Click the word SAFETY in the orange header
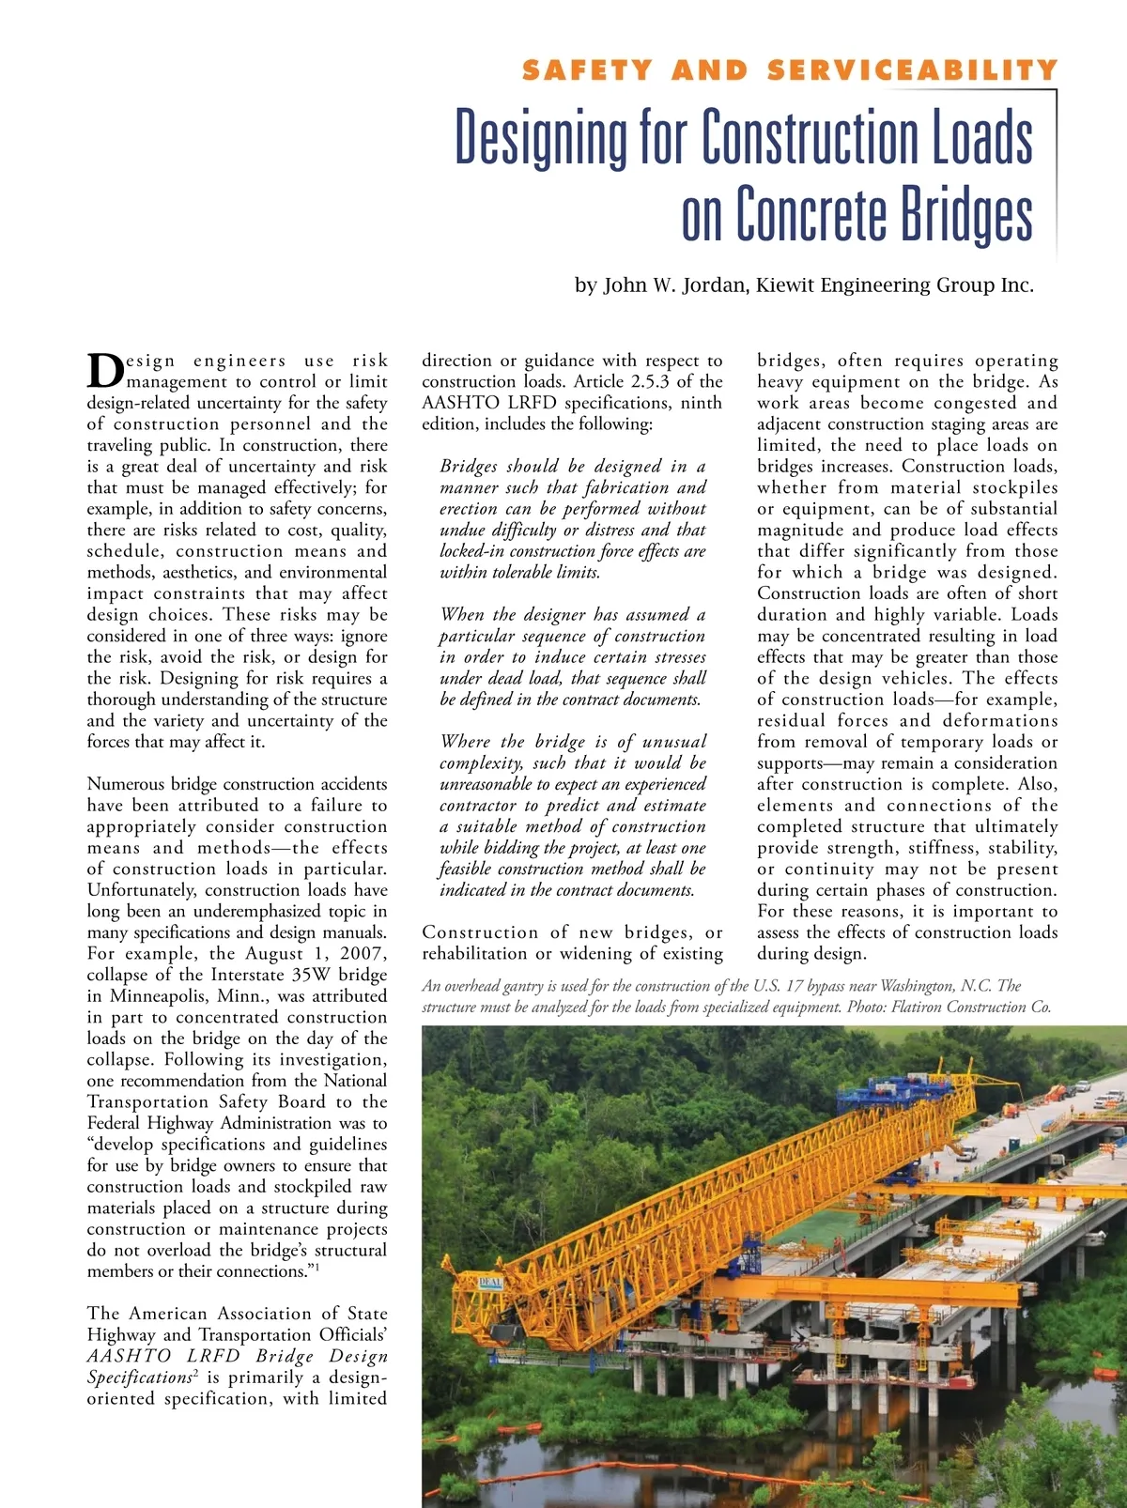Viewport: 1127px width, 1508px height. point(586,70)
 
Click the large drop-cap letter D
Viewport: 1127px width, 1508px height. point(105,370)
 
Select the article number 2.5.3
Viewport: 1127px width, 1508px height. point(648,381)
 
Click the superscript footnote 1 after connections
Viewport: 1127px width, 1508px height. point(317,1268)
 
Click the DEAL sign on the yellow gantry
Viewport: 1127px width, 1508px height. point(491,1282)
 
